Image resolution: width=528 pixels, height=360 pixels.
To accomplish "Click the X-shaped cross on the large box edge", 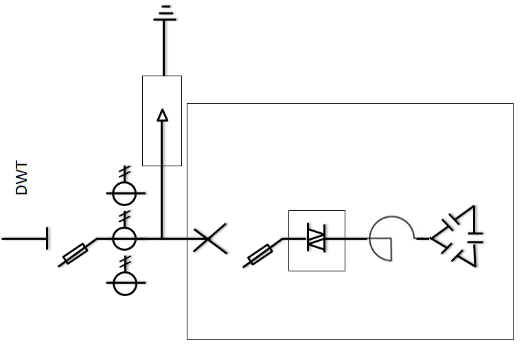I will [x=209, y=239].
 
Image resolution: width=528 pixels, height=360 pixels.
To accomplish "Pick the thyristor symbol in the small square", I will [x=317, y=239].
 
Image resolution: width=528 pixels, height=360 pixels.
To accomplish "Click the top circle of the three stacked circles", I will [x=125, y=194].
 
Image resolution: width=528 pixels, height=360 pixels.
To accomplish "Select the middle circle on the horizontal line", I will [x=125, y=238].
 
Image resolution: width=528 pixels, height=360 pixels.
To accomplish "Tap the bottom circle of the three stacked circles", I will [x=125, y=283].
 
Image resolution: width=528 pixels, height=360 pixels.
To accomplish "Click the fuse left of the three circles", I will [x=75, y=253].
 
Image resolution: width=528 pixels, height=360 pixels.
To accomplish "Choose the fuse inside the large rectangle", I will [x=260, y=254].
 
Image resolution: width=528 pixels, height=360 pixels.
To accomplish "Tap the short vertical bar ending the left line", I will [x=47, y=238].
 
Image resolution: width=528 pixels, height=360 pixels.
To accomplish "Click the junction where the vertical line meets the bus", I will [x=162, y=238].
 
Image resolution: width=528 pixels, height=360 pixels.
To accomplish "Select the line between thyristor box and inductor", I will [x=356, y=238].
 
